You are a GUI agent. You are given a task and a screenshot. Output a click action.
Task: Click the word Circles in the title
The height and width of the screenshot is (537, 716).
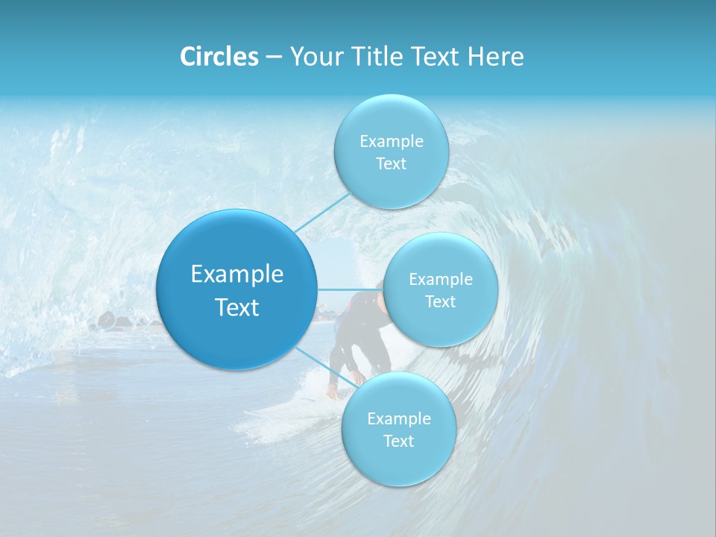click(x=219, y=57)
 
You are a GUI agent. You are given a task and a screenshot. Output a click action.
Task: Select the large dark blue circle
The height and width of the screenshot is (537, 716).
click(x=237, y=289)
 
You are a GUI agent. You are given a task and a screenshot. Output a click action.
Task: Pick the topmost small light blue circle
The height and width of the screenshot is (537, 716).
click(x=390, y=151)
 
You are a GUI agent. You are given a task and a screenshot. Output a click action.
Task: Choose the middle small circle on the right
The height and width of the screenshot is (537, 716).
click(x=440, y=289)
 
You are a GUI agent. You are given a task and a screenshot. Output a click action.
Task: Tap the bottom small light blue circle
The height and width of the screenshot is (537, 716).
click(x=398, y=429)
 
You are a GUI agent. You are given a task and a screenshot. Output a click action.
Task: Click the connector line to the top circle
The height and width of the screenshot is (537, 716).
click(x=322, y=212)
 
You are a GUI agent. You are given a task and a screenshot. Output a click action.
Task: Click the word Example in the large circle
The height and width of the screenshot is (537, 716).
click(x=237, y=274)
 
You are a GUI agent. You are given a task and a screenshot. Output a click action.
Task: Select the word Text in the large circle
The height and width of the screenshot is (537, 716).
click(x=237, y=307)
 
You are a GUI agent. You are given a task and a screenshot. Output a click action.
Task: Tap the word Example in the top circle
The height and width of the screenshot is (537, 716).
click(x=391, y=141)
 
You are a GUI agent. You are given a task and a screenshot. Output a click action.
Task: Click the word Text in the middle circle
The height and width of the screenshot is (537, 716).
click(x=440, y=301)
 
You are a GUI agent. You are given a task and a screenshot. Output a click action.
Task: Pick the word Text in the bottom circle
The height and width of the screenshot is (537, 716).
click(x=398, y=441)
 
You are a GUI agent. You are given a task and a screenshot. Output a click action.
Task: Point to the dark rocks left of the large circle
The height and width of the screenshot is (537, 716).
click(x=112, y=322)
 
